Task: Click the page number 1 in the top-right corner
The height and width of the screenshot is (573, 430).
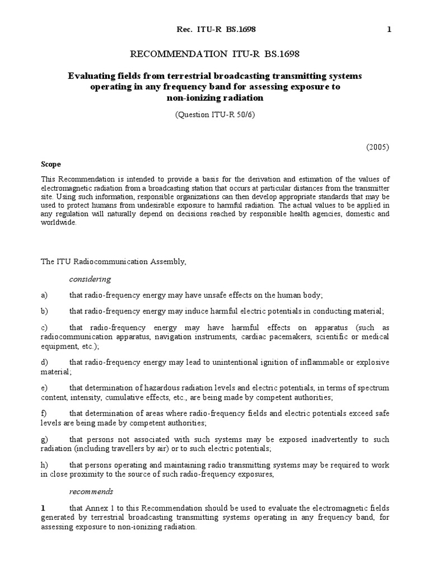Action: click(389, 29)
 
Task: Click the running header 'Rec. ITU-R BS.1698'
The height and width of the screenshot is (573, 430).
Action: click(209, 29)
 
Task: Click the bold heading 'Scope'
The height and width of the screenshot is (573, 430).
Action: click(51, 165)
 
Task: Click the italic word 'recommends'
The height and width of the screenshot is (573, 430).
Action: click(91, 491)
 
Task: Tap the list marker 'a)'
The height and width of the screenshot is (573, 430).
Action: click(44, 295)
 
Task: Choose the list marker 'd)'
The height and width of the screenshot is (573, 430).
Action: click(44, 363)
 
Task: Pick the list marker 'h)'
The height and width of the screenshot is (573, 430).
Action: click(44, 466)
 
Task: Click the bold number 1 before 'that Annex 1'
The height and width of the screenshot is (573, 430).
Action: click(43, 508)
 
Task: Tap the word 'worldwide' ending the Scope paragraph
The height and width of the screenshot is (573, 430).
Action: click(60, 222)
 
